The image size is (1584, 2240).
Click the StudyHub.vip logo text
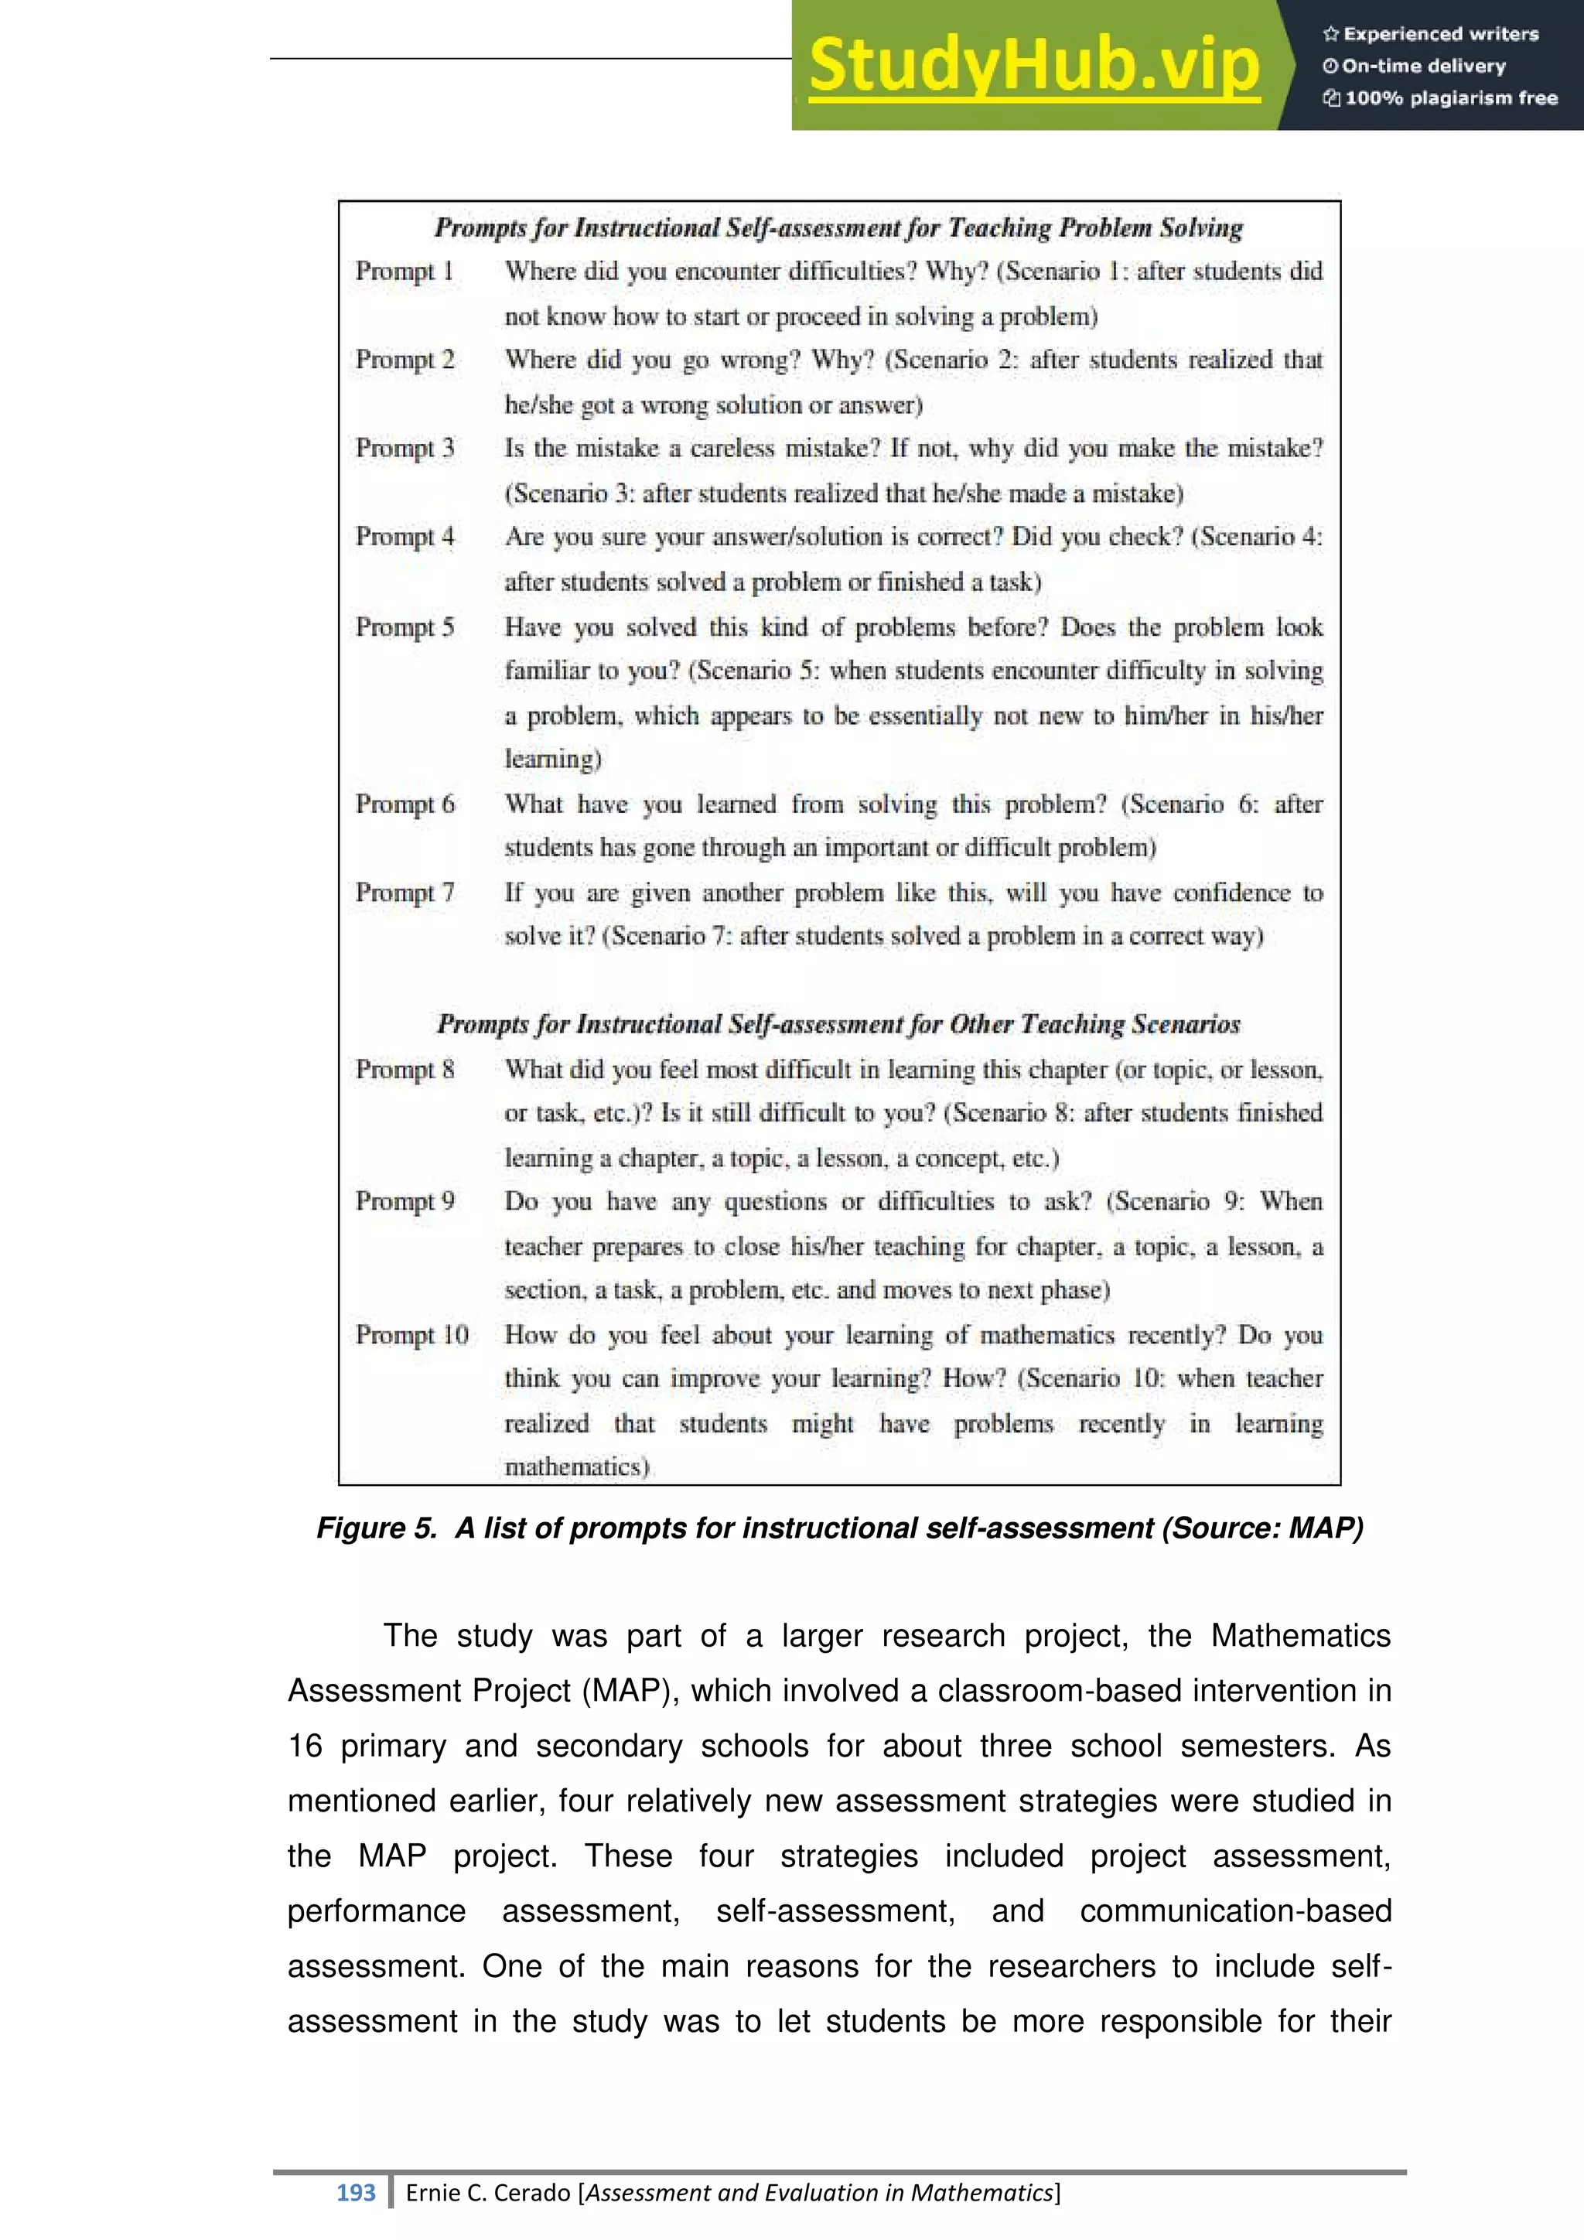point(1034,67)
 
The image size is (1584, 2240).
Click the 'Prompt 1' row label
point(404,271)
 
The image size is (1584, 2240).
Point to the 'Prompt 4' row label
point(405,537)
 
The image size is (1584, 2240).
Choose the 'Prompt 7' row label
point(405,893)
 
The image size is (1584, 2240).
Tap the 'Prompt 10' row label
point(411,1334)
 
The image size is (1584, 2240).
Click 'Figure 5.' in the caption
point(377,1528)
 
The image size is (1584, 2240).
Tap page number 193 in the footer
point(356,2193)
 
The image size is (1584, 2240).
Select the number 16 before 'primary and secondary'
point(304,1746)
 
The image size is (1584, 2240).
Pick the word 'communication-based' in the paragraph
point(1235,1910)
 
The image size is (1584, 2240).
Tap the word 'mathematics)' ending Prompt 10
point(576,1467)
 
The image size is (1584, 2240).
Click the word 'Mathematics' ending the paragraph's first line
point(1300,1635)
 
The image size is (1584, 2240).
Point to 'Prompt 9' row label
point(405,1202)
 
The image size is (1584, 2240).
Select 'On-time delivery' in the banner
point(1423,67)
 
